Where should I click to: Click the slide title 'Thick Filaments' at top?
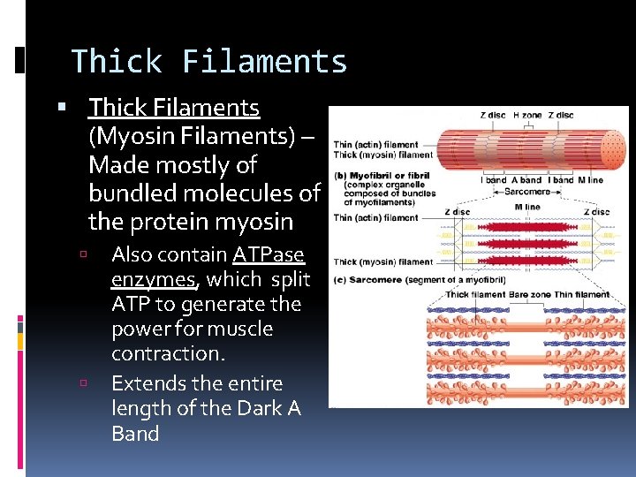209,62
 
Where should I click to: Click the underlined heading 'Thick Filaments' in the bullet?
174,108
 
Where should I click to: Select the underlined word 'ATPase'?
269,255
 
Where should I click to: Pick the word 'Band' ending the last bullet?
135,434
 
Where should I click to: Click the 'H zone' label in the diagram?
528,115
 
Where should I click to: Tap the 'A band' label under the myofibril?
526,180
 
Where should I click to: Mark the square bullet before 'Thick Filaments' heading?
61,109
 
